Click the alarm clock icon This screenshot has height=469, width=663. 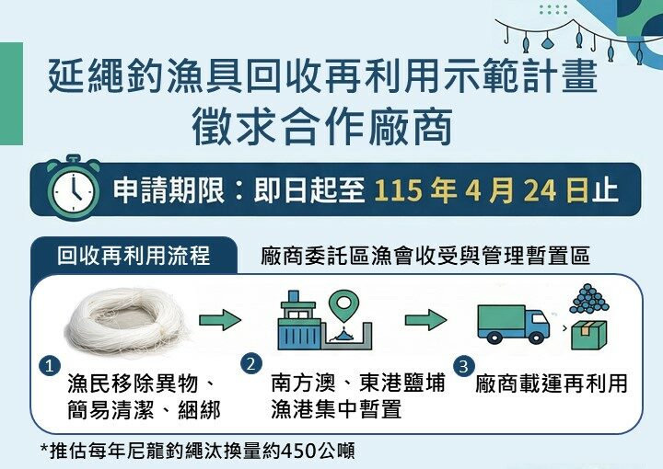72,189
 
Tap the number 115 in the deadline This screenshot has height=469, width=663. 400,190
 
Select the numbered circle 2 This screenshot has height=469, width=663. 250,364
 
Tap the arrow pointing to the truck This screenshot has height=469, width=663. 425,320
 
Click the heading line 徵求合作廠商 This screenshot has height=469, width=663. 322,128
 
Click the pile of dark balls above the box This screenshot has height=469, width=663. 590,300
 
